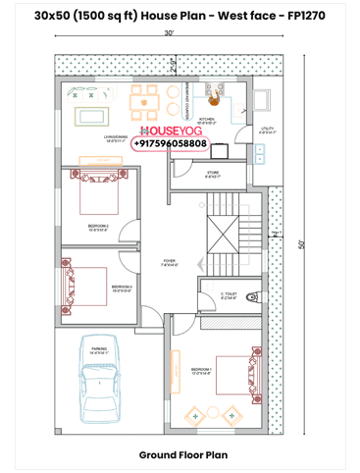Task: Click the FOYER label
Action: coord(169,262)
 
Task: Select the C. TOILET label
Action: coord(228,294)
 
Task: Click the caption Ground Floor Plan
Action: coord(182,455)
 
